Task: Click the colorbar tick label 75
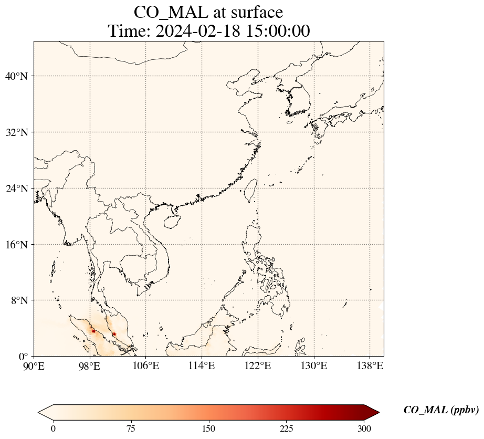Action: pos(131,429)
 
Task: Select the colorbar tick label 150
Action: pos(208,429)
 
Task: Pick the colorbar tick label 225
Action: pos(286,429)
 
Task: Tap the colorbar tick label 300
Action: pos(364,429)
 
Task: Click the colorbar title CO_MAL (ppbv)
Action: pos(441,410)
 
